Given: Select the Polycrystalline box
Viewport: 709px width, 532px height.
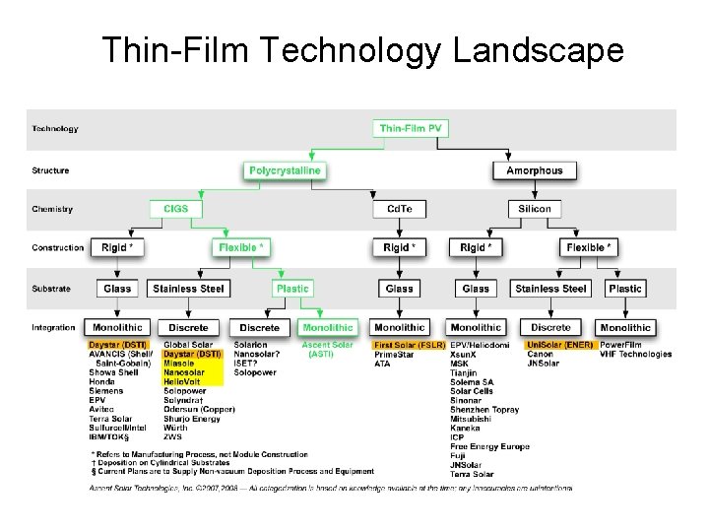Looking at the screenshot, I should (284, 170).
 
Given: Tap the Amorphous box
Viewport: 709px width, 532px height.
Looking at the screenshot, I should (534, 170).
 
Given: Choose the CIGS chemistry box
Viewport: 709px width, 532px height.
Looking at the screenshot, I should (176, 209).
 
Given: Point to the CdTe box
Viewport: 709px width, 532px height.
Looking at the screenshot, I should (399, 209).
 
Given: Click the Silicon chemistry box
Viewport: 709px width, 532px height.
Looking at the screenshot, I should (534, 209).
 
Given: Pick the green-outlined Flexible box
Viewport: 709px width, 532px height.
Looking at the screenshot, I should (239, 247).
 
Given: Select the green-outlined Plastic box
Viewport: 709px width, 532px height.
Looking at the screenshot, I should (291, 289).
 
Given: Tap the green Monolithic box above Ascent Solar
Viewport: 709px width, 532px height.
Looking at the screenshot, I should (327, 327).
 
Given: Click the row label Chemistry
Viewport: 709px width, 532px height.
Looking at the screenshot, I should (51, 209).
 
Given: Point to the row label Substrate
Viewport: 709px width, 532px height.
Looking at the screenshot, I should (51, 289).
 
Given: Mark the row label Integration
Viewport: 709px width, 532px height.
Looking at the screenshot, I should (53, 327).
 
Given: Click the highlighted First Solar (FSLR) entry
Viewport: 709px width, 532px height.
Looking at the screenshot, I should (409, 346).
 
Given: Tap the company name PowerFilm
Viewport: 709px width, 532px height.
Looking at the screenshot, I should (622, 346).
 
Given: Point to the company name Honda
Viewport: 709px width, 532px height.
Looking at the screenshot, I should (101, 382).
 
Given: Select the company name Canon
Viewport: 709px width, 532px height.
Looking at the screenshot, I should (540, 355).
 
